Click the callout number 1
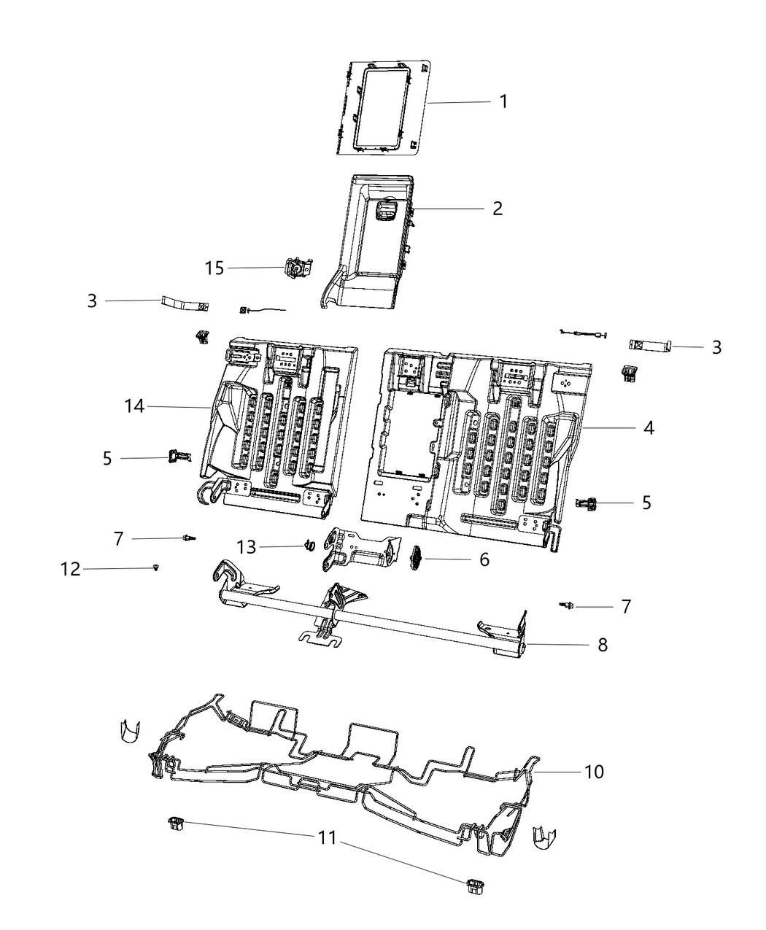pyautogui.click(x=503, y=101)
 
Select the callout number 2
pyautogui.click(x=497, y=209)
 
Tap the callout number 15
pyautogui.click(x=214, y=268)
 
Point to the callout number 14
pyautogui.click(x=134, y=406)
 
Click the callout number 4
pyautogui.click(x=648, y=427)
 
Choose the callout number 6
pyautogui.click(x=484, y=559)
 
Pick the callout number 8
pyautogui.click(x=602, y=645)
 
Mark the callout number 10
pyautogui.click(x=594, y=771)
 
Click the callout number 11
pyautogui.click(x=328, y=838)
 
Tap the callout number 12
pyautogui.click(x=70, y=569)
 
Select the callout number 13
pyautogui.click(x=247, y=546)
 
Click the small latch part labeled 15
pyautogui.click(x=297, y=269)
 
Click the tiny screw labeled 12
pyautogui.click(x=156, y=567)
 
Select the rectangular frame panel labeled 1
pyautogui.click(x=383, y=107)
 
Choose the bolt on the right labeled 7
pyautogui.click(x=566, y=605)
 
